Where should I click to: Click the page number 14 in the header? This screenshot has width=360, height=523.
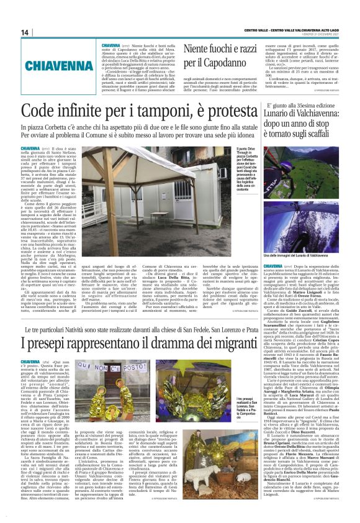click(x=25, y=32)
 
